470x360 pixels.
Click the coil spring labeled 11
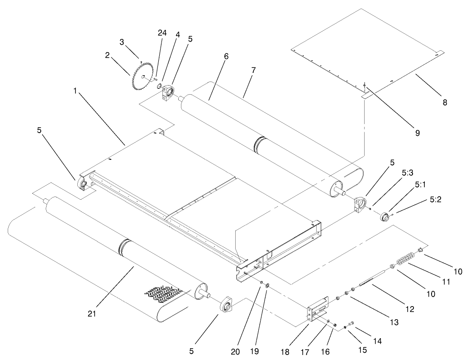click(x=404, y=261)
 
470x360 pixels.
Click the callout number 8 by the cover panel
click(x=445, y=103)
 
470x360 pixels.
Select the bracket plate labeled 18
click(x=318, y=310)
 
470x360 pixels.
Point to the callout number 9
click(x=417, y=133)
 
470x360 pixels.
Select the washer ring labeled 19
click(x=267, y=285)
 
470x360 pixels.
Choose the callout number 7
click(x=254, y=71)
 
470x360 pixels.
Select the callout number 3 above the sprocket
click(x=122, y=42)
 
